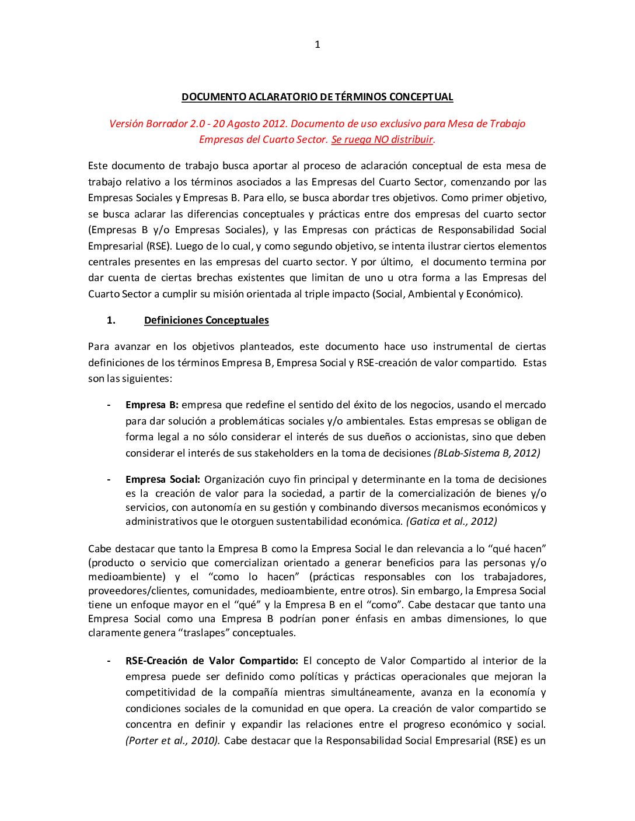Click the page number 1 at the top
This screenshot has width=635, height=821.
pos(317,44)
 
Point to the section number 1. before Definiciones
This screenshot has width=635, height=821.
pos(111,320)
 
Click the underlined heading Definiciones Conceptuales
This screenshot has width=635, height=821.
pos(207,320)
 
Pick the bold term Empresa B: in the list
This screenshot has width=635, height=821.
pos(152,405)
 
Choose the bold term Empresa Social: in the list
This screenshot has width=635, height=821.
pos(162,479)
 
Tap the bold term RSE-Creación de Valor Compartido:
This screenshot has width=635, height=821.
pos(211,661)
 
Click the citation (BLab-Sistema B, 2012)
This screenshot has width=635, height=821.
pos(487,453)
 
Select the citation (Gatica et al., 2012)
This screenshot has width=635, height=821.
pos(451,521)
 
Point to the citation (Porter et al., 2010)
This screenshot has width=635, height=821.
pos(173,741)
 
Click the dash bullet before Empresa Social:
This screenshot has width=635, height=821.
pos(109,479)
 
